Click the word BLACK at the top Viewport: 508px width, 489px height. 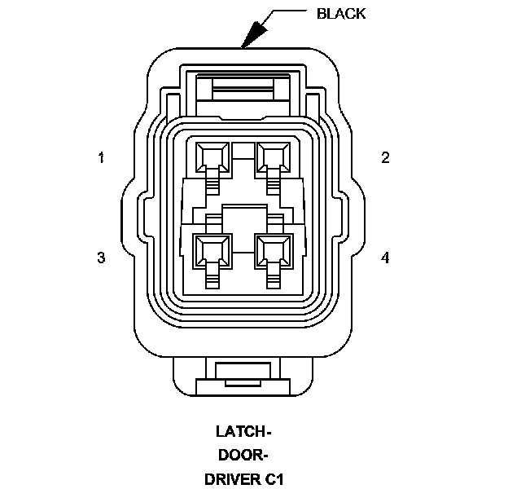click(340, 13)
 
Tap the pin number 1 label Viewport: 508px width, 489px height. click(101, 157)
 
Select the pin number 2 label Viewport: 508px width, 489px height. click(385, 157)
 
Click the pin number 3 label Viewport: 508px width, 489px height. click(101, 258)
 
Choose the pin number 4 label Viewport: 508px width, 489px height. click(385, 258)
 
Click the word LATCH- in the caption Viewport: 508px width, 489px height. click(243, 430)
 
